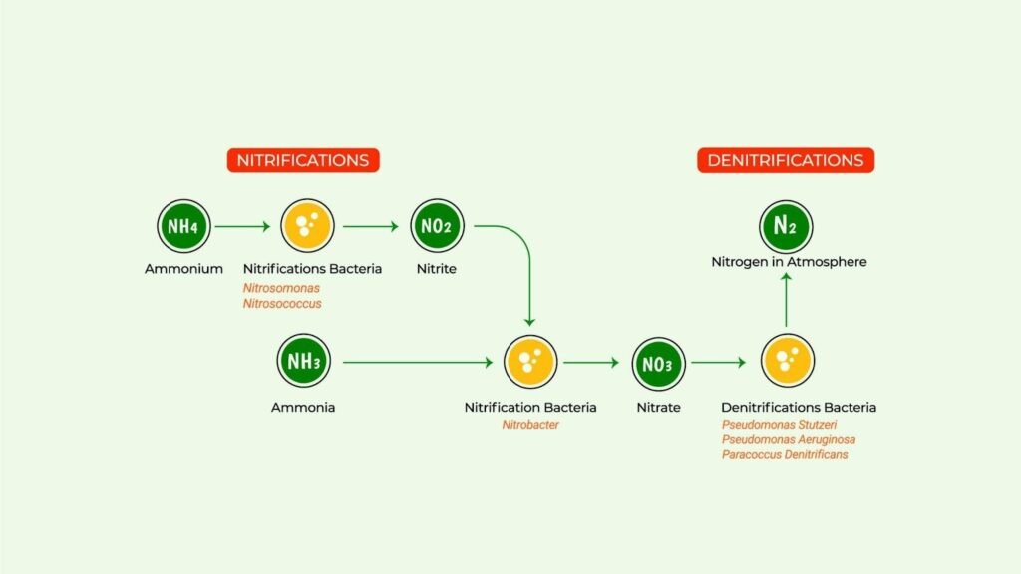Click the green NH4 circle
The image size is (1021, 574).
[x=183, y=226]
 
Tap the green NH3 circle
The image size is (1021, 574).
[x=303, y=361]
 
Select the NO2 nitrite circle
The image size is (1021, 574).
[x=437, y=226]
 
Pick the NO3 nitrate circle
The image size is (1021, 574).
[x=658, y=363]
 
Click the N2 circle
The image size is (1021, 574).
[x=786, y=226]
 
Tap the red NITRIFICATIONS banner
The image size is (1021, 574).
[x=303, y=160]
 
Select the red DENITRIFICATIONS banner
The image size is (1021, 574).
[x=786, y=160]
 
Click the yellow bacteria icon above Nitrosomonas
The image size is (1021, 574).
[x=307, y=226]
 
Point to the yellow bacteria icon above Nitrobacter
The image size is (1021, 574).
[x=530, y=362]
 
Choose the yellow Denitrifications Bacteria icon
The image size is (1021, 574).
[x=788, y=361]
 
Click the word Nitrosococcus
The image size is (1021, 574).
[x=282, y=303]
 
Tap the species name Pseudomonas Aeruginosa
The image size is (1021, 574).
[x=789, y=439]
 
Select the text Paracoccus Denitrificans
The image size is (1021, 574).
[x=785, y=454]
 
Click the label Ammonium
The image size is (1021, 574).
[x=183, y=269]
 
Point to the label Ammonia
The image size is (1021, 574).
[x=303, y=408]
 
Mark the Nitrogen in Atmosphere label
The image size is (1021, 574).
[x=790, y=262]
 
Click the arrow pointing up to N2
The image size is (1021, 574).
[x=786, y=300]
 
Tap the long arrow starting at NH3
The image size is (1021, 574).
[x=418, y=362]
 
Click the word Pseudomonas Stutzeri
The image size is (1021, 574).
[x=779, y=425]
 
